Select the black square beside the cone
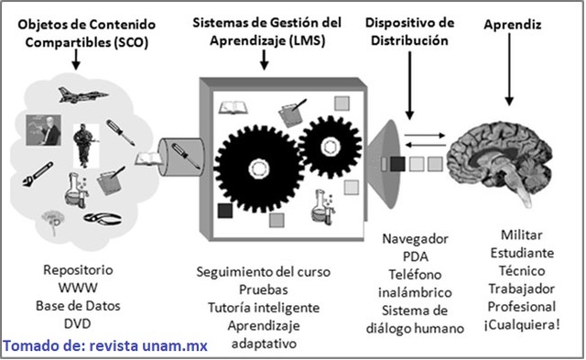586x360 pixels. (x=397, y=165)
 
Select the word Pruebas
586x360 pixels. (x=263, y=289)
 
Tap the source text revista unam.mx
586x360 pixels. (x=154, y=346)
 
